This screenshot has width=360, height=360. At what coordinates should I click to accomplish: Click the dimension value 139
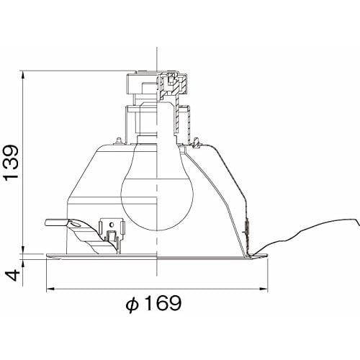tap(12, 161)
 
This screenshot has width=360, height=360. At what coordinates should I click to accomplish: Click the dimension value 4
tap(12, 275)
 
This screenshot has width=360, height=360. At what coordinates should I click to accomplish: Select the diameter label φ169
tap(154, 303)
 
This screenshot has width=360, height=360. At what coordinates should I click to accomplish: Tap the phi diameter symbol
tap(132, 305)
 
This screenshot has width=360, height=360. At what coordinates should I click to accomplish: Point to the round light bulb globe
tap(157, 197)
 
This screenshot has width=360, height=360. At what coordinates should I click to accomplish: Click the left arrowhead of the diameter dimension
tap(50, 289)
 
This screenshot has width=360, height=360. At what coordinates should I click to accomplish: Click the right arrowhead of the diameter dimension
tap(264, 289)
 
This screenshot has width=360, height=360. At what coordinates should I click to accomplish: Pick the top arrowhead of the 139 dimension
tap(23, 75)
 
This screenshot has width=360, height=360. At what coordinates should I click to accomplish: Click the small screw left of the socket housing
tap(118, 141)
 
